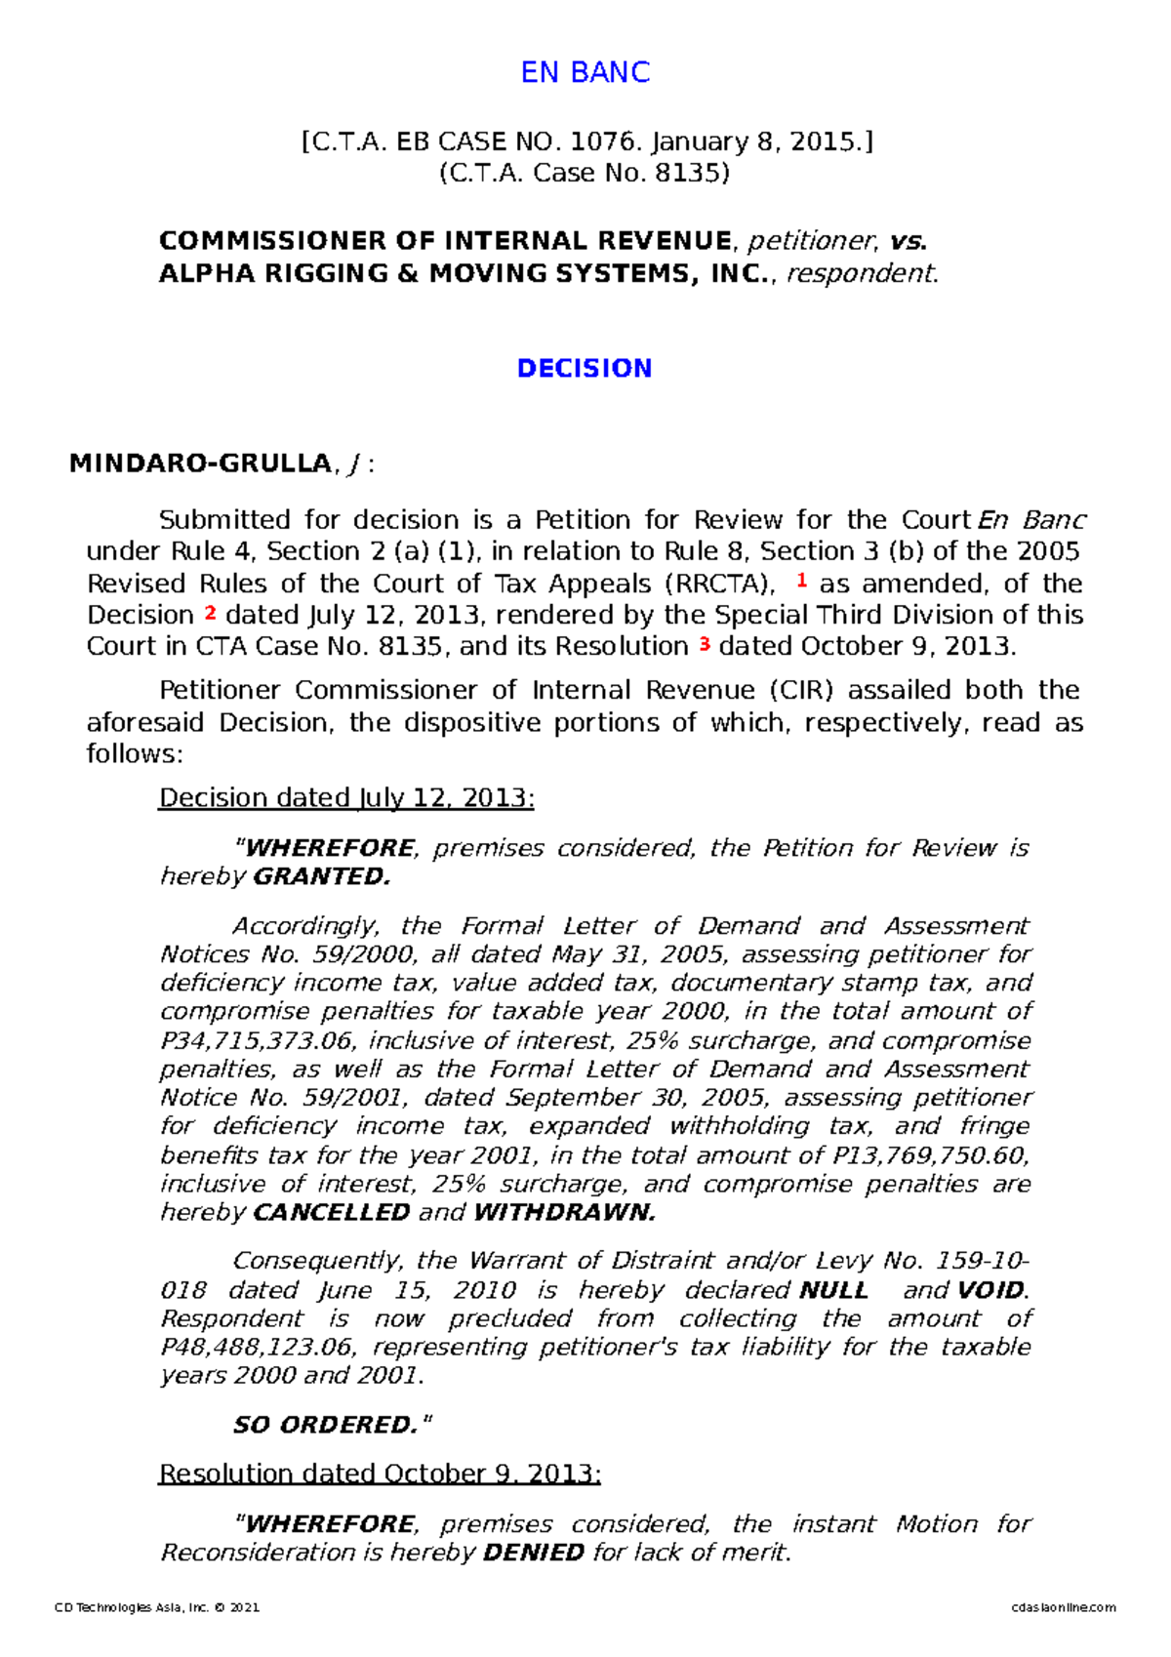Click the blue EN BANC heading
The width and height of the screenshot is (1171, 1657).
(x=585, y=72)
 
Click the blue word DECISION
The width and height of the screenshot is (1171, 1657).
(x=585, y=368)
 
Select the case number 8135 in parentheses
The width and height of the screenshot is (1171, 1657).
(x=686, y=174)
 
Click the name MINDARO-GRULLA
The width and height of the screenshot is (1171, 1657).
(x=200, y=464)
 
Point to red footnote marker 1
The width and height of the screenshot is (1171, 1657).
(x=802, y=581)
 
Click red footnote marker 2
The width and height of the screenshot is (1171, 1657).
(x=210, y=613)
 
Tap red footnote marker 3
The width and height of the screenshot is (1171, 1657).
(x=704, y=644)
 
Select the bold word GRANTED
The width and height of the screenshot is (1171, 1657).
(x=321, y=876)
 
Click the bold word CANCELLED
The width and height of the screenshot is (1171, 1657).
(x=331, y=1212)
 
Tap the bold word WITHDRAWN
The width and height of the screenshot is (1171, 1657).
(x=564, y=1212)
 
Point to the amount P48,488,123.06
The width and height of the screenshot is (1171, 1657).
(x=257, y=1347)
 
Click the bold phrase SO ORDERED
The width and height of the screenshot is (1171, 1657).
(x=332, y=1425)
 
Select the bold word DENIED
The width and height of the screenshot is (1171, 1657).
(x=534, y=1552)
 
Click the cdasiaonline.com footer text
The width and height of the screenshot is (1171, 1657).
(x=1064, y=1607)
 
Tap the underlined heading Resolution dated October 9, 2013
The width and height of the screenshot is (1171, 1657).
(x=380, y=1473)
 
